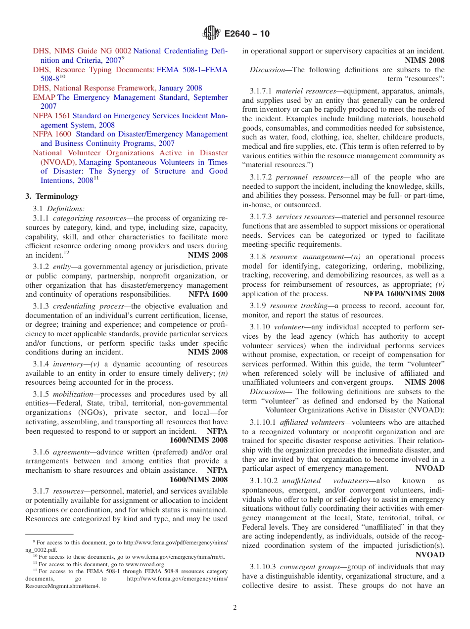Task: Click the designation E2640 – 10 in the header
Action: [247, 34]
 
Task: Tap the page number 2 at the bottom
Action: [235, 607]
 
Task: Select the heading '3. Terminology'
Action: [52, 196]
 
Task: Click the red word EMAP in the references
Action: [44, 97]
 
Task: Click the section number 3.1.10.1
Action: [263, 422]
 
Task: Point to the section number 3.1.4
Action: [41, 364]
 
